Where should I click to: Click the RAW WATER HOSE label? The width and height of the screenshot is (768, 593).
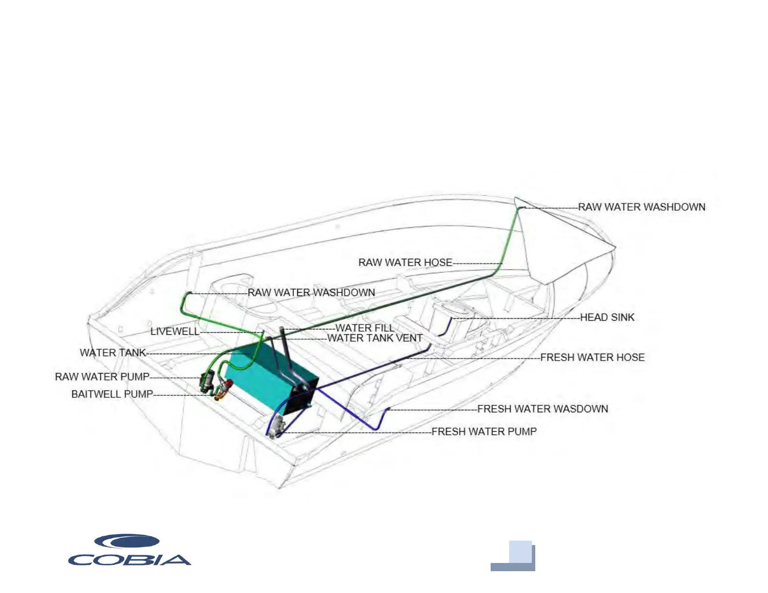(405, 263)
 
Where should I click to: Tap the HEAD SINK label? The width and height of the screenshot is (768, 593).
(607, 317)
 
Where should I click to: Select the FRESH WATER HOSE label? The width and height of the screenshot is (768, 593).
(592, 358)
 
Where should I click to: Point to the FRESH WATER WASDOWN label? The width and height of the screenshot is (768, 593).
(543, 409)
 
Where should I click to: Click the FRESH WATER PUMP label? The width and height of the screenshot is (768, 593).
(484, 432)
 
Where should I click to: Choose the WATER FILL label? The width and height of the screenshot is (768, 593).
(365, 328)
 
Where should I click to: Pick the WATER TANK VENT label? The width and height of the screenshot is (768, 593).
(375, 338)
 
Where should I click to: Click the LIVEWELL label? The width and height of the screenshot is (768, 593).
(175, 331)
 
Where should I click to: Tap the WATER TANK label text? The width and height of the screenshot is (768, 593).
(113, 353)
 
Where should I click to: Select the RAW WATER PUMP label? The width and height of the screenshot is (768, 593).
(102, 377)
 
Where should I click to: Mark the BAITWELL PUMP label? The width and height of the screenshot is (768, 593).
(112, 394)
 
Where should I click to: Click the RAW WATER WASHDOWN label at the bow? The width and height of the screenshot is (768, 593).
(641, 207)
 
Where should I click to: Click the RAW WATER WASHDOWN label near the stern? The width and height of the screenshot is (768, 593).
(311, 293)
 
